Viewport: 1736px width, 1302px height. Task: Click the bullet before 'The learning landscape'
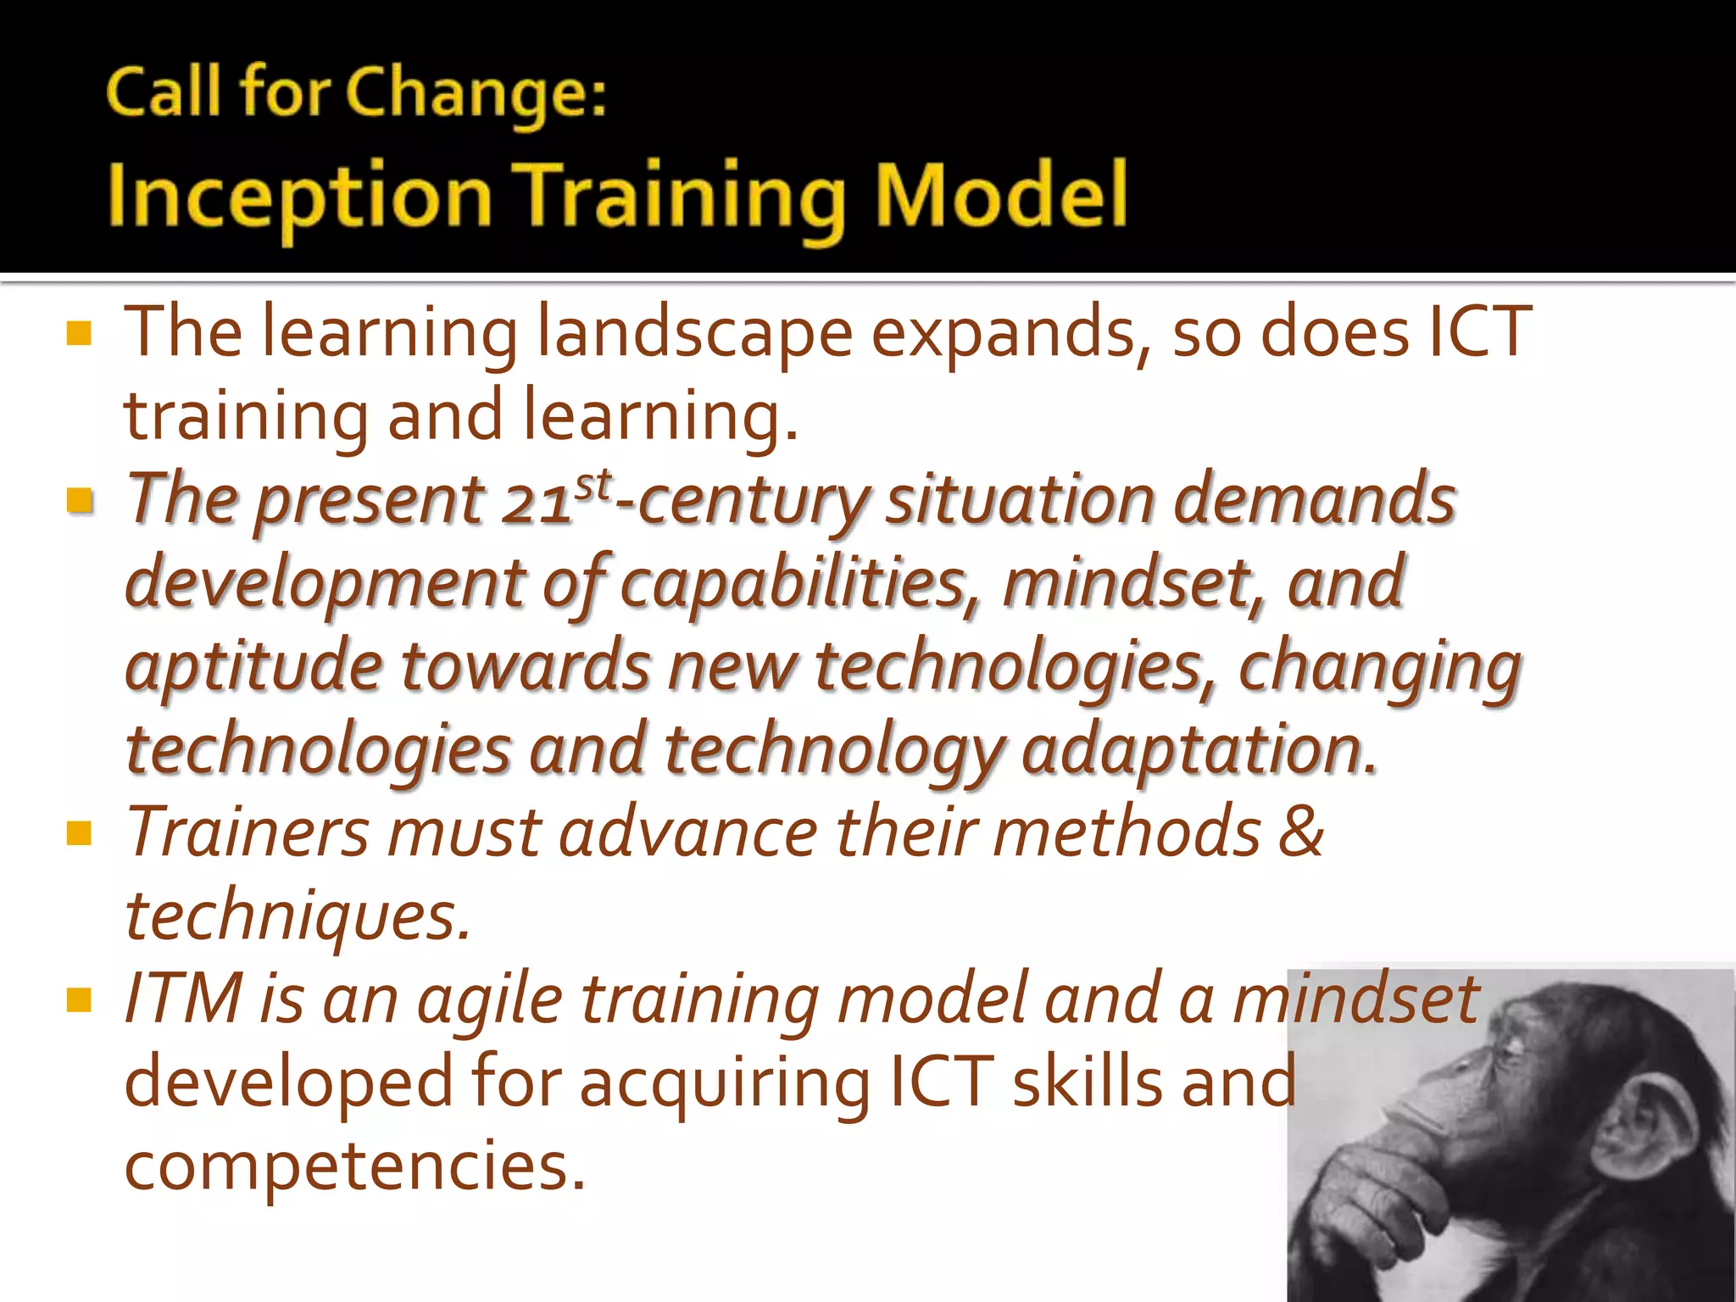[79, 333]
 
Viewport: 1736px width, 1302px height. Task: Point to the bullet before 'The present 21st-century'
[79, 501]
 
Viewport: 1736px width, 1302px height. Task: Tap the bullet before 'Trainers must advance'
[79, 834]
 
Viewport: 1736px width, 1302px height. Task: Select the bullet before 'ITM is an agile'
[79, 1001]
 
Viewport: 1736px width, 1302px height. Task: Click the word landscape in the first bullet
[694, 333]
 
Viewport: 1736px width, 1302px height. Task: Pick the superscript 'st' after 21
[593, 486]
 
